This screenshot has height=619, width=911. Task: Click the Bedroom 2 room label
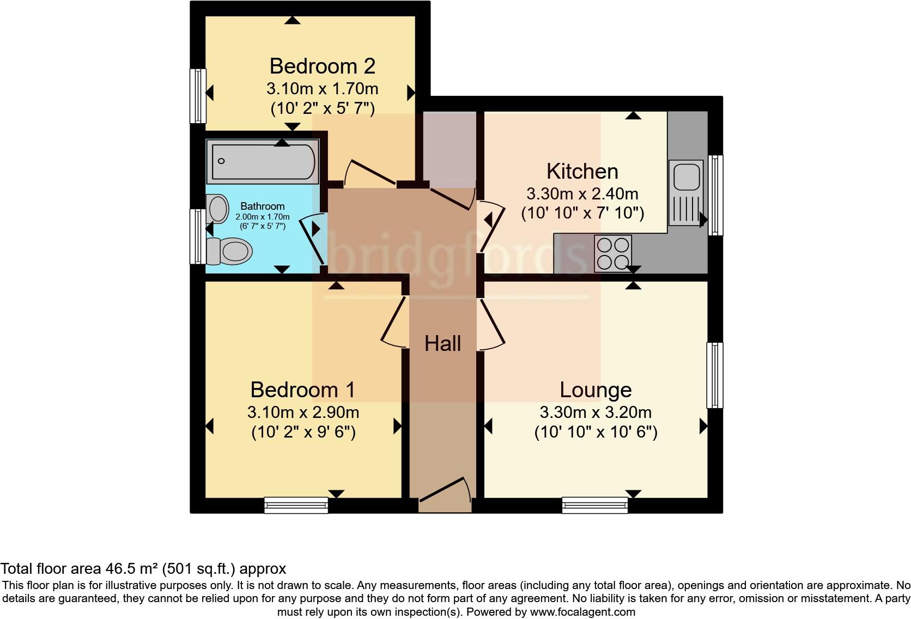pyautogui.click(x=322, y=66)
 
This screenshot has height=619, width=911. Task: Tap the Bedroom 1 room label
pyautogui.click(x=302, y=390)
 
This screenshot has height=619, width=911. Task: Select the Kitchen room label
pyautogui.click(x=582, y=172)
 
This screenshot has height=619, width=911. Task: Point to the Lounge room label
pyautogui.click(x=596, y=390)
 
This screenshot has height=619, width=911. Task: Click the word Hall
pyautogui.click(x=442, y=344)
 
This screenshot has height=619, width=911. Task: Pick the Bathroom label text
pyautogui.click(x=263, y=207)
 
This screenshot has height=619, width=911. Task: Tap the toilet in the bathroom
pyautogui.click(x=230, y=252)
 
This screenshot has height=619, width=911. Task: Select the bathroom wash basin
pyautogui.click(x=218, y=209)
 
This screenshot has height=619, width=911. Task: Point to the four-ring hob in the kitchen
pyautogui.click(x=613, y=253)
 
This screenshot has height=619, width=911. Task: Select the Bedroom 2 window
pyautogui.click(x=198, y=96)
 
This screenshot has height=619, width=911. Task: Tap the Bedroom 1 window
pyautogui.click(x=296, y=506)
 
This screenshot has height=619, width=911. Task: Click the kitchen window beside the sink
pyautogui.click(x=715, y=195)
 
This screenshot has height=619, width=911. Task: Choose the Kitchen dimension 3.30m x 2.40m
pyautogui.click(x=582, y=194)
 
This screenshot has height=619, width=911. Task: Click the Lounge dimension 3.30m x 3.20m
pyautogui.click(x=596, y=412)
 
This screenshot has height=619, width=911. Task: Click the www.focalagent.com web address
pyautogui.click(x=582, y=612)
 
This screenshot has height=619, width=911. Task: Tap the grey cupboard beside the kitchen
pyautogui.click(x=450, y=148)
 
